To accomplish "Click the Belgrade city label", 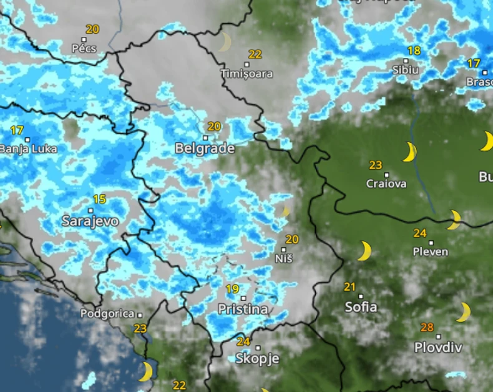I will (x=205, y=149).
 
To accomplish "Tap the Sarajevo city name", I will (x=90, y=221).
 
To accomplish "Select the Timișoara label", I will (x=246, y=74).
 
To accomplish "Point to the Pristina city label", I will (x=243, y=309).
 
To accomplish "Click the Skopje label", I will (x=257, y=359).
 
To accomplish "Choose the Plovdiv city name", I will (x=438, y=348).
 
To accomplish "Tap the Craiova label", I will (x=386, y=184).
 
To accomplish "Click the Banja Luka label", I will (x=28, y=149).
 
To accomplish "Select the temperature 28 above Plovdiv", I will (x=427, y=327).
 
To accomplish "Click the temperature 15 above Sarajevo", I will (x=99, y=199).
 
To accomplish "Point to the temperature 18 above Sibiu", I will (x=414, y=51).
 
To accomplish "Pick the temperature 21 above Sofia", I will (x=349, y=287).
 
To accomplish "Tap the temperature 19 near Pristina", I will (x=232, y=288).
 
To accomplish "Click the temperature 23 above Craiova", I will (x=375, y=165).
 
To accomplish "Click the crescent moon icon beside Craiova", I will (x=409, y=152).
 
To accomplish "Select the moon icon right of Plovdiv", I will (x=464, y=311).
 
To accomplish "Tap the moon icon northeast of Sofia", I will (x=365, y=251).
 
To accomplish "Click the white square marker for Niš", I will (x=283, y=249).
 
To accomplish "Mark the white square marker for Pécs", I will (x=84, y=39).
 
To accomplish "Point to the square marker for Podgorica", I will (x=140, y=315).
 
